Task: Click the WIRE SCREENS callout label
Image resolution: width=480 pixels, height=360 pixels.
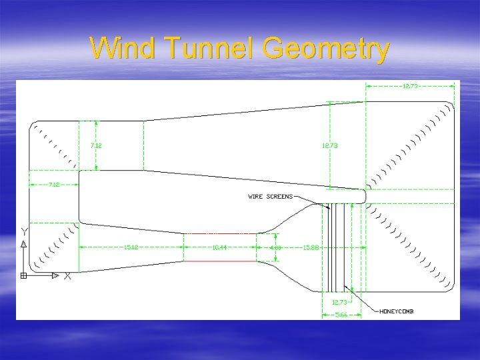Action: coord(270,197)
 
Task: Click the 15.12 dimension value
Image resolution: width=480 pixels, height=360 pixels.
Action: coord(131,247)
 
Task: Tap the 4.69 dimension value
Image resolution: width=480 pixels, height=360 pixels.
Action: coord(275,247)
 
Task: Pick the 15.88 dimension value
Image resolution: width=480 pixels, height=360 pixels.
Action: coord(310,247)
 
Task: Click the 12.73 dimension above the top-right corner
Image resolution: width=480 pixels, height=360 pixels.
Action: coord(411,86)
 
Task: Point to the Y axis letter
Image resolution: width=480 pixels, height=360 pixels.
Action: coord(25,231)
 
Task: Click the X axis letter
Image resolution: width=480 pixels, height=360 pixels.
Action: coord(67,276)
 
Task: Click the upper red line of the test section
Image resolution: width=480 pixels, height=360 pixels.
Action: coord(220,234)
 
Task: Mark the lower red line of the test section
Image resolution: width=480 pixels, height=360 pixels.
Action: coord(220,261)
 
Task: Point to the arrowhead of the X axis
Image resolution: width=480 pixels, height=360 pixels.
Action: coord(59,275)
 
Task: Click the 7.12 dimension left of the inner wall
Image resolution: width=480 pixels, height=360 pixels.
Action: coord(53,184)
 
